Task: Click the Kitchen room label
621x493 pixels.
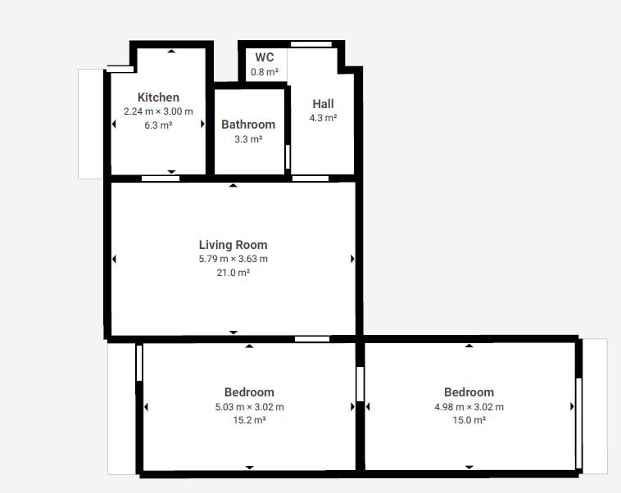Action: pyautogui.click(x=158, y=97)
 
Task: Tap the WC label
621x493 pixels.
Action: pyautogui.click(x=264, y=57)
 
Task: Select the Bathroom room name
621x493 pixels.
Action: pyautogui.click(x=248, y=124)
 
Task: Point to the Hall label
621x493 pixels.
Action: pyautogui.click(x=323, y=104)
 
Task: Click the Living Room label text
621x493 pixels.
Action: pyautogui.click(x=233, y=245)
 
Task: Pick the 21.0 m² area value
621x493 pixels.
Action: pyautogui.click(x=233, y=273)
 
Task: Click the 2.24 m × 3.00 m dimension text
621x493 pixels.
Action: pyautogui.click(x=158, y=111)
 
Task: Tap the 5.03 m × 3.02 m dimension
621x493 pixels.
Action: pyautogui.click(x=249, y=407)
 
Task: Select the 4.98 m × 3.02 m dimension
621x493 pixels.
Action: pyautogui.click(x=469, y=407)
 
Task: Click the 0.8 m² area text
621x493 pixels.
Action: pyautogui.click(x=264, y=72)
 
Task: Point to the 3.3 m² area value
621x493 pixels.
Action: pyautogui.click(x=248, y=139)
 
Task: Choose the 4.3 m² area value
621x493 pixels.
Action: pyautogui.click(x=323, y=118)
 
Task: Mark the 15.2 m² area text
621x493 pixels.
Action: pyautogui.click(x=249, y=420)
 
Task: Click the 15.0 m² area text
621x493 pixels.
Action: pyautogui.click(x=469, y=420)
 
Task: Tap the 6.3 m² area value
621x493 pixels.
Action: pyautogui.click(x=158, y=125)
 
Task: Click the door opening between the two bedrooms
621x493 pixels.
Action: pyautogui.click(x=360, y=384)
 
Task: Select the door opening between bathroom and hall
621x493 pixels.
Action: pyautogui.click(x=288, y=156)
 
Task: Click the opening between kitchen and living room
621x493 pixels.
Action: pyautogui.click(x=161, y=179)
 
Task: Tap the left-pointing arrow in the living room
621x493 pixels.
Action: pyautogui.click(x=114, y=259)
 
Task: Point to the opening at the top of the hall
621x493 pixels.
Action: pyautogui.click(x=311, y=44)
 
